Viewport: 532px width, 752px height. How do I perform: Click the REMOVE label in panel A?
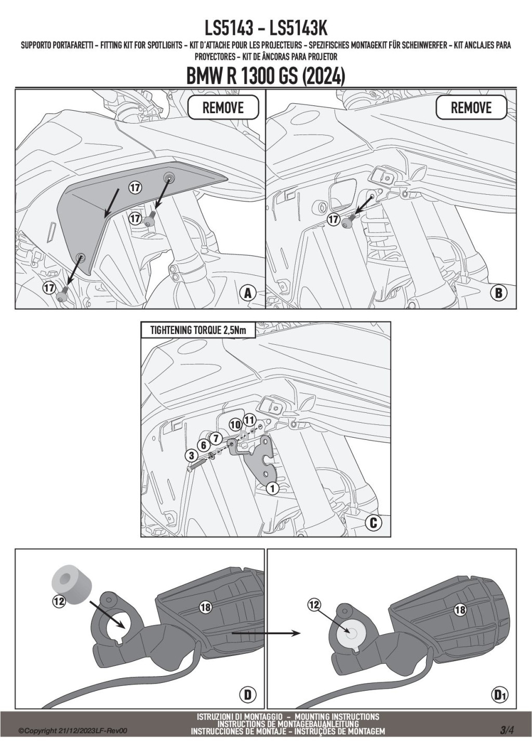(x=223, y=108)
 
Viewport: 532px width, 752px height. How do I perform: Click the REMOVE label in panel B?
(x=471, y=108)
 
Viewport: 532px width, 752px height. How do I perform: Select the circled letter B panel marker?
(x=498, y=293)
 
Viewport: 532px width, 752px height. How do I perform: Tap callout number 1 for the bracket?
(x=273, y=488)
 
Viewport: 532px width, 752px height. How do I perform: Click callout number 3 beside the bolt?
(x=191, y=456)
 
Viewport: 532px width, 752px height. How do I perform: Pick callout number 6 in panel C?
(x=204, y=446)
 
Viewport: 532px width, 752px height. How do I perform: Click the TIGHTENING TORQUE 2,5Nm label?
(x=198, y=330)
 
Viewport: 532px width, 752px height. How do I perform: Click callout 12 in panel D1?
(x=314, y=605)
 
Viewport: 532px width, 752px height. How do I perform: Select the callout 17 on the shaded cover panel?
(x=135, y=187)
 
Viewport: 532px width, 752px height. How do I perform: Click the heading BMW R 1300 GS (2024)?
(x=265, y=76)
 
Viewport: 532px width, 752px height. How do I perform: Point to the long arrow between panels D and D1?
(x=266, y=633)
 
